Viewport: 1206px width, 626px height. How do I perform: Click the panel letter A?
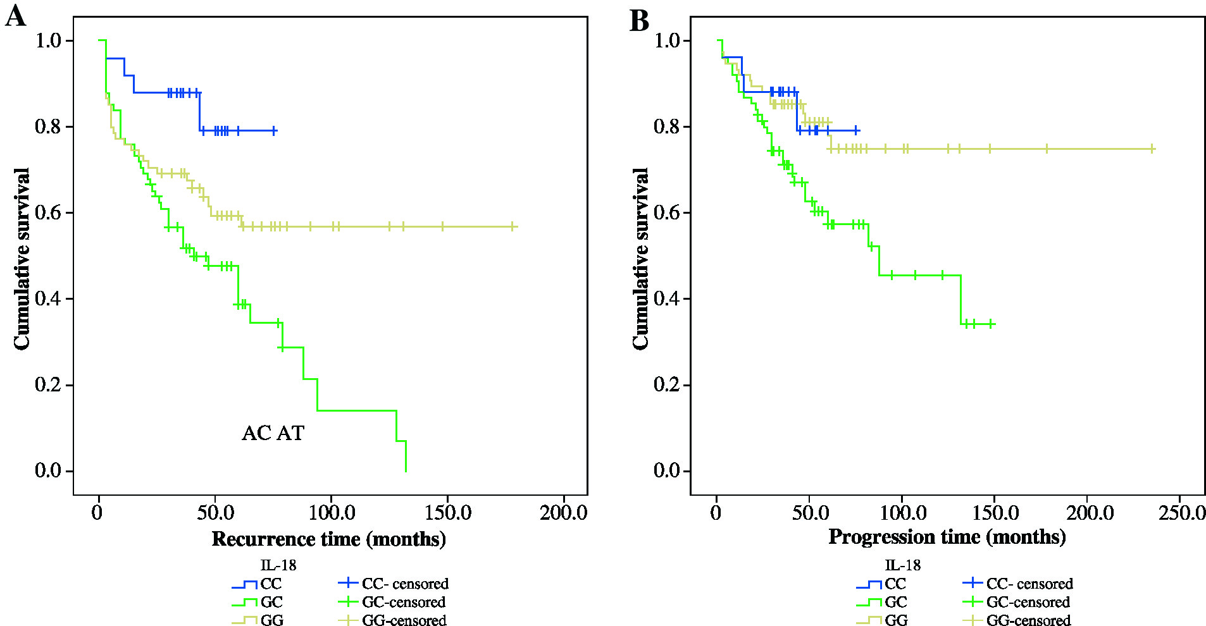[16, 16]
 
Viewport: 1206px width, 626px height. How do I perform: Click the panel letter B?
[639, 20]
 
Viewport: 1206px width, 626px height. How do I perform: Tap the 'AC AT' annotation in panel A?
[273, 433]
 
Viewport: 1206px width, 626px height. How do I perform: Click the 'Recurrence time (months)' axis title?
[328, 539]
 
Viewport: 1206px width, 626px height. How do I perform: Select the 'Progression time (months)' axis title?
[947, 537]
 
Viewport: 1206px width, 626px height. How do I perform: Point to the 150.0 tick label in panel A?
[447, 512]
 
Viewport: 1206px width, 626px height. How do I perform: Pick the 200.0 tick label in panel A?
[563, 512]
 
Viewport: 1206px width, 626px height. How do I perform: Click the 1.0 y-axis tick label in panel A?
[48, 40]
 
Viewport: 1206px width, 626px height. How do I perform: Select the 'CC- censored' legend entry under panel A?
[405, 584]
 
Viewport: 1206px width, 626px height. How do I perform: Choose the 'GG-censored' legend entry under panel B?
[1028, 620]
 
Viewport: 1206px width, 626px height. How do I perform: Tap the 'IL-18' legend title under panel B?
[902, 565]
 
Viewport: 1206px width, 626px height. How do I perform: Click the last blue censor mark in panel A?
[274, 131]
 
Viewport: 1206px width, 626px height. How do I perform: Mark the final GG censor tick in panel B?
[1152, 149]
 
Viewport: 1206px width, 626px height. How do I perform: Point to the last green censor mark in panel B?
[991, 324]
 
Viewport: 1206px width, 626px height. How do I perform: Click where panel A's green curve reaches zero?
[406, 471]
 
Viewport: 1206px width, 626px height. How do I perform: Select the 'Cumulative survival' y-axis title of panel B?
[641, 258]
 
